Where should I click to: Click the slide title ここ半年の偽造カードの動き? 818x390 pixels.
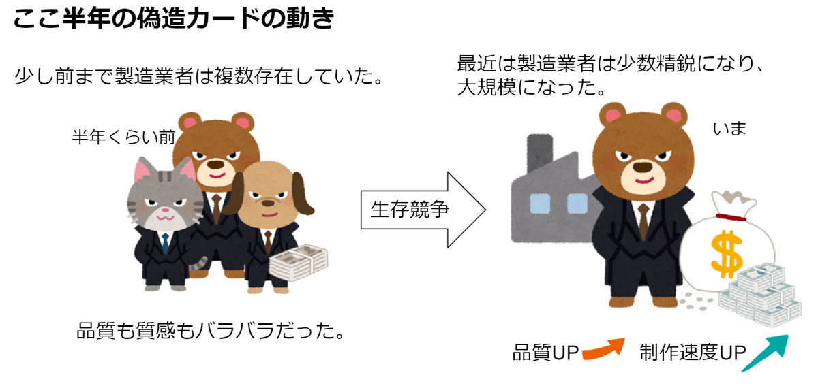174,19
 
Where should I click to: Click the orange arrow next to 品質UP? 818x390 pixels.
603,348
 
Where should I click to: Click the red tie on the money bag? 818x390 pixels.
731,217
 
